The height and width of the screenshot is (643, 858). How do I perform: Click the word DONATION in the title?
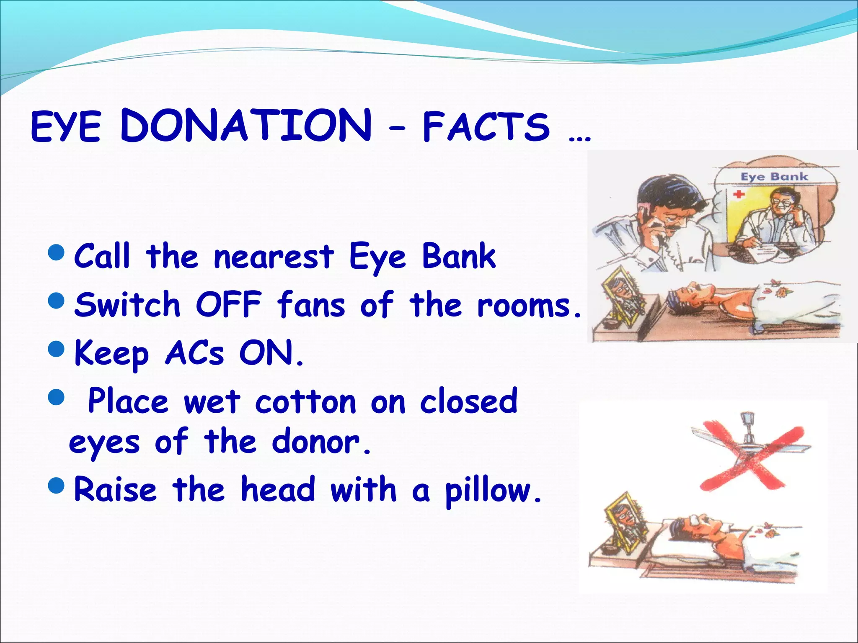tap(246, 126)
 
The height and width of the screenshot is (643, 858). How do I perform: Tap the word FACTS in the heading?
tap(486, 126)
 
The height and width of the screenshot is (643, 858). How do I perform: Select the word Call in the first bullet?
tap(102, 256)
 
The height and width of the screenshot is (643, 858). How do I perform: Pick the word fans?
tap(311, 304)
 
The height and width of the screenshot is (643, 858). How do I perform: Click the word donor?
tap(320, 442)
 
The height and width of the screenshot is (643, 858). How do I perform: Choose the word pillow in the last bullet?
tap(493, 491)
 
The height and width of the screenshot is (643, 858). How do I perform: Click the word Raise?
tap(115, 490)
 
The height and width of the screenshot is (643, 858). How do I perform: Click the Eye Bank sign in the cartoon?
tap(774, 176)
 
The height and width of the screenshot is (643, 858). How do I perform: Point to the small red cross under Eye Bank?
tap(739, 194)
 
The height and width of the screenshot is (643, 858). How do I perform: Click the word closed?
tap(469, 401)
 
